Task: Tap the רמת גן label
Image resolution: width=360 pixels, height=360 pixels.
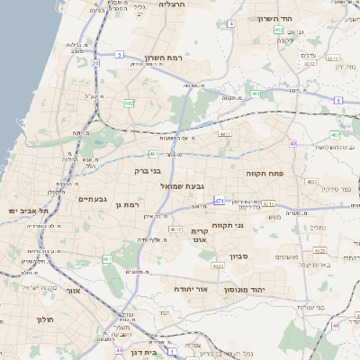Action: click(x=130, y=205)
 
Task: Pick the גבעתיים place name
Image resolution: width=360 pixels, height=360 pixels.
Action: click(x=93, y=199)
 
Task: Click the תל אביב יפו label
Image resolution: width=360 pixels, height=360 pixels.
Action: click(x=29, y=210)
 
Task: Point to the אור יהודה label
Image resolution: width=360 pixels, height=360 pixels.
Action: click(x=191, y=289)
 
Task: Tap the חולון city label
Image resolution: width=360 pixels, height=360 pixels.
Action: click(x=46, y=319)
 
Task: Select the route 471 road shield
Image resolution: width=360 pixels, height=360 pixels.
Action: click(x=220, y=201)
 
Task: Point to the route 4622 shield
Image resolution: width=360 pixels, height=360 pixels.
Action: click(x=217, y=265)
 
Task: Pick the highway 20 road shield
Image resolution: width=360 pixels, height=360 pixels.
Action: click(x=95, y=63)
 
